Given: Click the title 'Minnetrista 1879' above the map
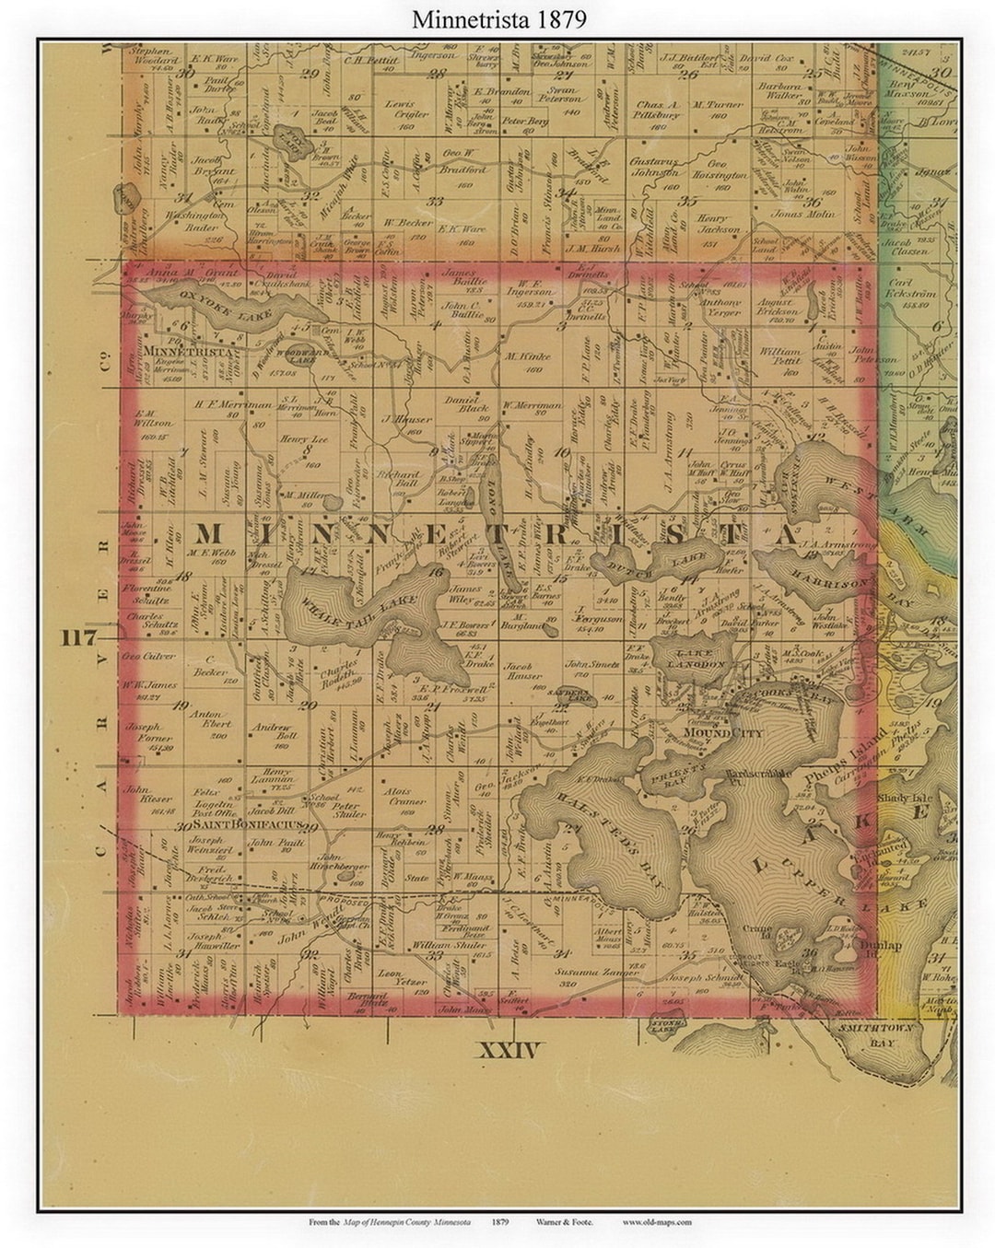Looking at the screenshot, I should coord(498,19).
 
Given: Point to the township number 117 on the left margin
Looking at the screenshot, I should coord(80,637).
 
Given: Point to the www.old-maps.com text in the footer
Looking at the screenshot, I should coord(656,1223).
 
